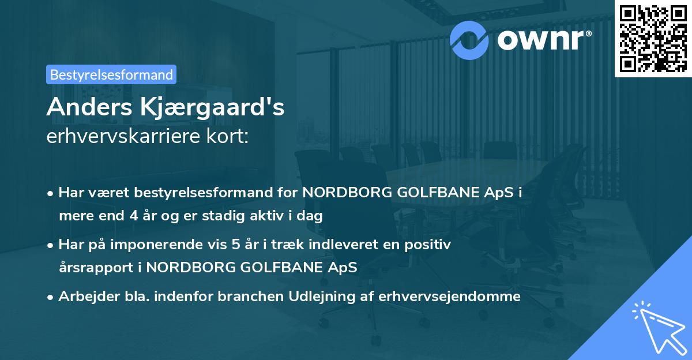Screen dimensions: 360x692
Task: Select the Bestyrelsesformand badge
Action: (111, 74)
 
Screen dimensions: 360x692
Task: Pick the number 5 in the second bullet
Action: (235, 245)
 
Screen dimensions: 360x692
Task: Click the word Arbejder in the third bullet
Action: (84, 297)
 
